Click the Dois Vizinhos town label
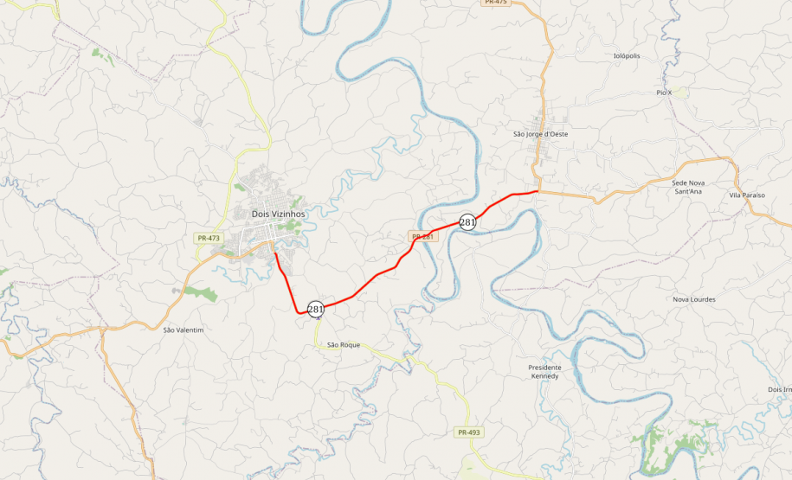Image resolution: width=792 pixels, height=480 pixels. click(278, 214)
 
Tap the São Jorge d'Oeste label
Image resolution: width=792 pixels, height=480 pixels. click(540, 134)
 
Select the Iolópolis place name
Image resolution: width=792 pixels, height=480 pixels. click(626, 55)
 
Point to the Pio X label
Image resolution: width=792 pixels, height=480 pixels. click(664, 92)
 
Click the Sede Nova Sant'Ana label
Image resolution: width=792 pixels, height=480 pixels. click(688, 187)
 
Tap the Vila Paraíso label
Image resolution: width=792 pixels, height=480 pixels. click(747, 195)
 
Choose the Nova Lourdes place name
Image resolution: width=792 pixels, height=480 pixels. click(694, 299)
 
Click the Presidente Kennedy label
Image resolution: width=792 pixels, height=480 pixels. click(544, 372)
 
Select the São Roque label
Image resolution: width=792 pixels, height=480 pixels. click(344, 345)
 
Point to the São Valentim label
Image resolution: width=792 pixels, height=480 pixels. click(183, 330)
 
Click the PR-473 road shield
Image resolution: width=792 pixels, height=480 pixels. click(209, 238)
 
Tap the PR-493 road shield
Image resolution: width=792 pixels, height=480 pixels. click(468, 432)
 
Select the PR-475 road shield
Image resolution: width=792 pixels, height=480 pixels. click(495, 3)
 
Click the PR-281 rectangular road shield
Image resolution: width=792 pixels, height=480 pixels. click(422, 236)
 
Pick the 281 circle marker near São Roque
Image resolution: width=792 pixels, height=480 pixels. click(315, 309)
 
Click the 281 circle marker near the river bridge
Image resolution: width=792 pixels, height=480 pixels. click(467, 222)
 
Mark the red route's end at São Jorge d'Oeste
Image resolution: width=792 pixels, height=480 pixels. click(538, 191)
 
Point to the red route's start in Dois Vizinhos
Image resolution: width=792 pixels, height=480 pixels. click(274, 253)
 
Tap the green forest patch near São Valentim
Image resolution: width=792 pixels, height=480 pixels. click(201, 293)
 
